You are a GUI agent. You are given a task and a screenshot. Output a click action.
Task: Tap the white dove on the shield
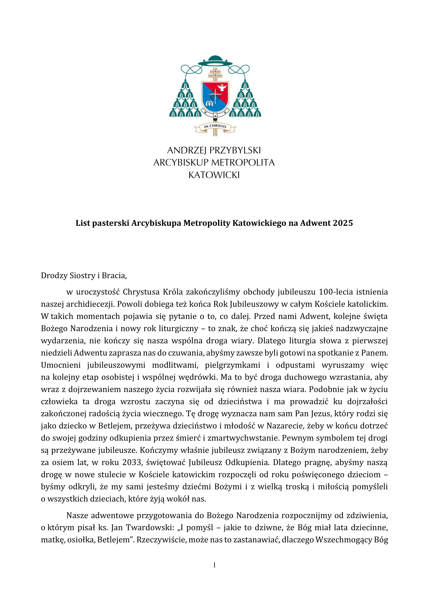coord(222,87)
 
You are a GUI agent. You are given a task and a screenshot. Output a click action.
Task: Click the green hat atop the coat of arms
coord(215,61)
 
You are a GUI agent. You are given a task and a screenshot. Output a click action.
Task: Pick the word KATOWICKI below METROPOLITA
coord(214,175)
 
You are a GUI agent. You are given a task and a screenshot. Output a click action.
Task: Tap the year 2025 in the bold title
coord(343,223)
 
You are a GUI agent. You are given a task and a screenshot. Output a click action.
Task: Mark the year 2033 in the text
coord(131,463)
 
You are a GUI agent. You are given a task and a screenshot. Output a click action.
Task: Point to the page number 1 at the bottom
coord(214,565)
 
